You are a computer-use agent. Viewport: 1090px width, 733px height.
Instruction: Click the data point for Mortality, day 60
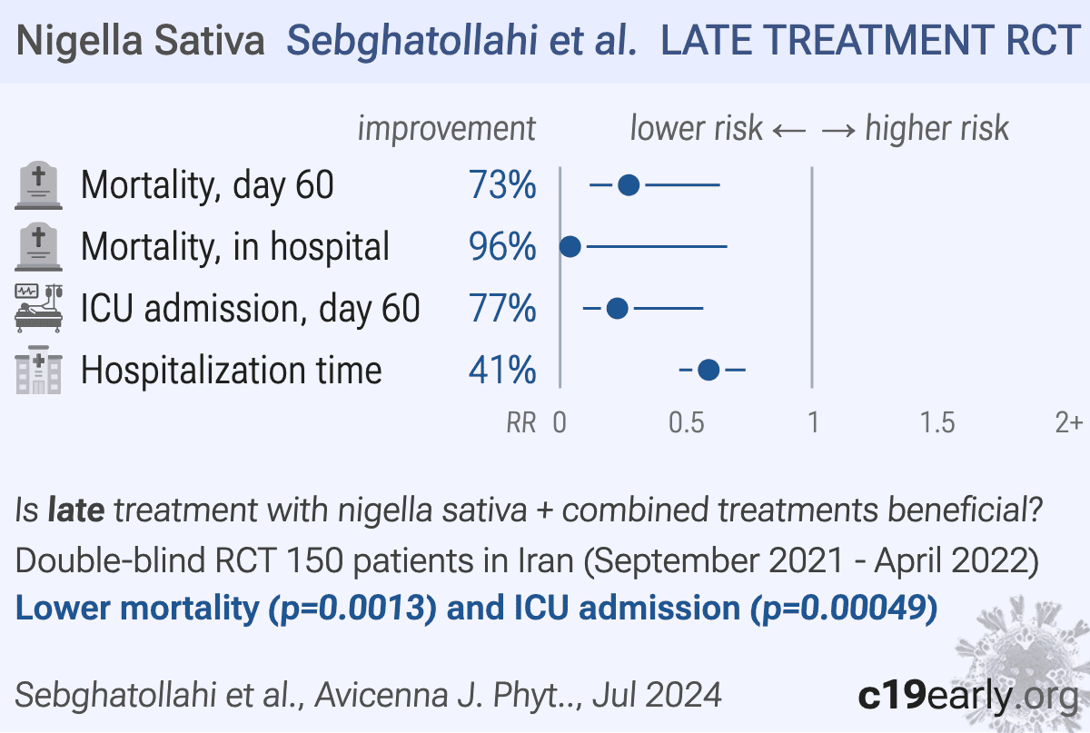[629, 186]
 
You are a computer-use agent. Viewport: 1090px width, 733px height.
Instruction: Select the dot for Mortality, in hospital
[570, 247]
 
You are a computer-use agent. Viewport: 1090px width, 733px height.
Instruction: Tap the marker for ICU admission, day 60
[617, 309]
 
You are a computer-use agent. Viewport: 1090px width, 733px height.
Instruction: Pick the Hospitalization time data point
[708, 370]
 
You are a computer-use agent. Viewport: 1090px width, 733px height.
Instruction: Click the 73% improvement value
[502, 186]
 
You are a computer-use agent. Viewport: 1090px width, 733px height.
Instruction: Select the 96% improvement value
[502, 247]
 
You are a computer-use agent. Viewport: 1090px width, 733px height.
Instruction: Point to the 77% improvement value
[502, 309]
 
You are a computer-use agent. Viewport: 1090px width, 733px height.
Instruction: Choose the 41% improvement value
[502, 371]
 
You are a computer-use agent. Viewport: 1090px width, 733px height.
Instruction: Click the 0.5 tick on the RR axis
[685, 422]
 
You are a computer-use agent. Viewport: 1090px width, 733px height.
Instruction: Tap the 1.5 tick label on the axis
[936, 422]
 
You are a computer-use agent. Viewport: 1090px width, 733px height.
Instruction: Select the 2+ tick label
[1067, 422]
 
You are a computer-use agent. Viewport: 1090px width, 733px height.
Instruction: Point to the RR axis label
[521, 422]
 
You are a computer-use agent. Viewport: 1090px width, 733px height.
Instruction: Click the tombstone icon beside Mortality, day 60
[39, 186]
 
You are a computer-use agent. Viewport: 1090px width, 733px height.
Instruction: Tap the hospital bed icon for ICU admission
[39, 308]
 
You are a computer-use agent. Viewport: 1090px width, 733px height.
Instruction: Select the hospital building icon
[39, 371]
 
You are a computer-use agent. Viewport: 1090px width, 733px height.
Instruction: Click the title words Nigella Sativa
[141, 42]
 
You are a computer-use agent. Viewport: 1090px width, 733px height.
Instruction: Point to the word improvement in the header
[446, 129]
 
